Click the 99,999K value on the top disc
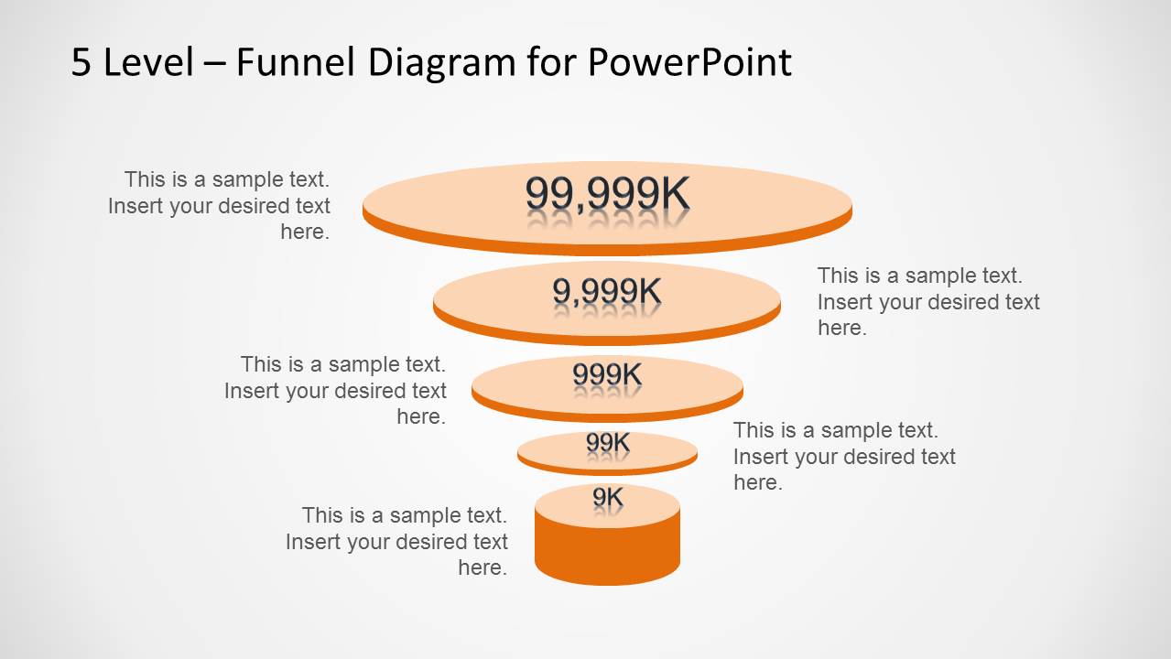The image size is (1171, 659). tap(607, 194)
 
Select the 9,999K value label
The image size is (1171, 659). tap(606, 291)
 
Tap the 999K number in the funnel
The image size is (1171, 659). tap(607, 374)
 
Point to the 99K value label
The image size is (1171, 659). tap(607, 443)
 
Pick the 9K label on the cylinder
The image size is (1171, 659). tap(607, 498)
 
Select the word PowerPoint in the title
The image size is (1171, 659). tap(689, 62)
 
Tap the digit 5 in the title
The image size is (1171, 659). tap(81, 63)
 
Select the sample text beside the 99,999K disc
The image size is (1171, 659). tap(219, 205)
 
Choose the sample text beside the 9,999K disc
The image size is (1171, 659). tap(928, 301)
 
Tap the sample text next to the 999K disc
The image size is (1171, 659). tap(335, 390)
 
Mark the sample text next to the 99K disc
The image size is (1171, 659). tap(844, 456)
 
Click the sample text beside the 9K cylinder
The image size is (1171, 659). tap(396, 541)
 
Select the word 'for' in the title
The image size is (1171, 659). tap(552, 62)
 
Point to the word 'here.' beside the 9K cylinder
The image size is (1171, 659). tap(482, 567)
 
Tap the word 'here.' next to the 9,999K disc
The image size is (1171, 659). tap(841, 328)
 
